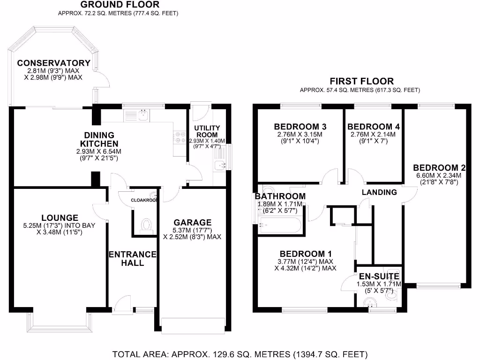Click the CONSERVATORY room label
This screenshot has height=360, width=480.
53,63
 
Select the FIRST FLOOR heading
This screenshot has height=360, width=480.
361,82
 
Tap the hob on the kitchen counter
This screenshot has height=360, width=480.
179,136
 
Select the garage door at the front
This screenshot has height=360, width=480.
193,325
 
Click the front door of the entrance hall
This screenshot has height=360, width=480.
123,304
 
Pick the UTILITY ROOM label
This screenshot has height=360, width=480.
207,131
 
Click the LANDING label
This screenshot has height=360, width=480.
379,192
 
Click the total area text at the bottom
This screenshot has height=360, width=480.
240,353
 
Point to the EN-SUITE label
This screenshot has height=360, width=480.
379,277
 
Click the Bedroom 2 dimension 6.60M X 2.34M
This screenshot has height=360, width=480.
437,176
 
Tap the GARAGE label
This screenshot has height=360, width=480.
193,222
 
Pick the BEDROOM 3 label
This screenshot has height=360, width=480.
300,127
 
